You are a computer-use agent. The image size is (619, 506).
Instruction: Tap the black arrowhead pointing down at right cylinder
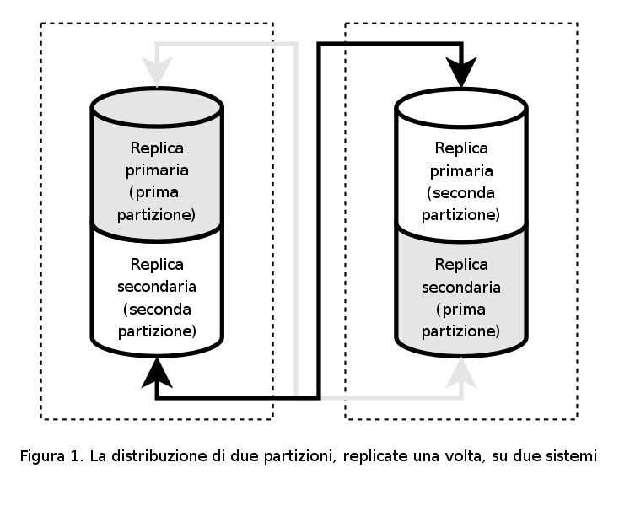(x=461, y=73)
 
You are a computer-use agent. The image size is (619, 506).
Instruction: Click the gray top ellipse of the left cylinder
(x=157, y=107)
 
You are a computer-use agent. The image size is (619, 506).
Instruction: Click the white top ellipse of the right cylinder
(x=461, y=107)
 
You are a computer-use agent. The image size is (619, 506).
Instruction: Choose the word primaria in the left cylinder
(x=157, y=170)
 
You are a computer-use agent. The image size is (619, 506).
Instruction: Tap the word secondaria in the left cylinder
(x=157, y=287)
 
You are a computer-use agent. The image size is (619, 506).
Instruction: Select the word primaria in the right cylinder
(x=461, y=170)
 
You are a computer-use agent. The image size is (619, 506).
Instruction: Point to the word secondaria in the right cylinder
(x=461, y=288)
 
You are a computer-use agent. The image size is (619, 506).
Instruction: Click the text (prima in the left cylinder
(x=157, y=192)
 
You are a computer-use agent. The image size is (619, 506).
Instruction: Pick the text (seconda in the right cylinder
(x=461, y=192)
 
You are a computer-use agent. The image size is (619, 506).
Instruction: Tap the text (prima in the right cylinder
(x=461, y=309)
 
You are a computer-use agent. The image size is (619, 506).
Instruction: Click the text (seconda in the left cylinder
(x=157, y=308)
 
